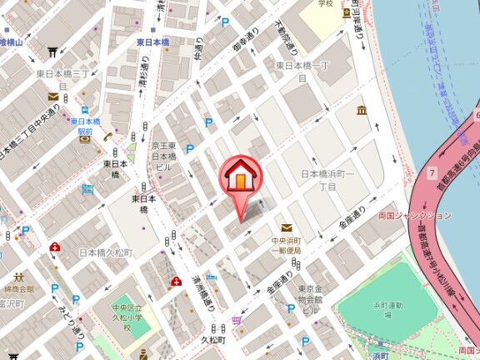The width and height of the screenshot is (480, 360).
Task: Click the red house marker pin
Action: pyautogui.click(x=240, y=177)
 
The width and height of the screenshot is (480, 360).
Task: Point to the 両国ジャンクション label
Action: pyautogui.click(x=414, y=214)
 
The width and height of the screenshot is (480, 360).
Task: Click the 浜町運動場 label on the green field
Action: pyautogui.click(x=387, y=310)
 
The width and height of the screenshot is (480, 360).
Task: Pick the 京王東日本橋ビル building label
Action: pyautogui.click(x=163, y=156)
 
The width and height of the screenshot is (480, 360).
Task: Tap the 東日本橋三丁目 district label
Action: pyautogui.click(x=62, y=74)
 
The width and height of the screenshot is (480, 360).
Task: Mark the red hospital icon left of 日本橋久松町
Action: pyautogui.click(x=55, y=247)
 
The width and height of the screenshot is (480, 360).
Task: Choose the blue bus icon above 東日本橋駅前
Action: pyautogui.click(x=86, y=109)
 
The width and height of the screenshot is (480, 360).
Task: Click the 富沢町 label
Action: pyautogui.click(x=10, y=305)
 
